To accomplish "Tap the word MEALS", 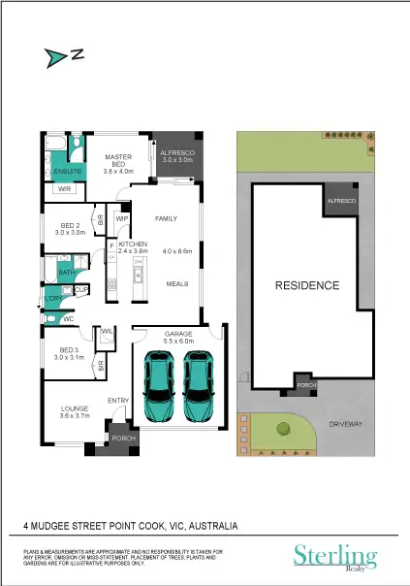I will pyautogui.click(x=176, y=284).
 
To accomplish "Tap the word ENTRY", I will pyautogui.click(x=118, y=401).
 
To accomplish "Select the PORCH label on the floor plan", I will pyautogui.click(x=124, y=438).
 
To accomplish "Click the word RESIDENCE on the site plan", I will pyautogui.click(x=306, y=286).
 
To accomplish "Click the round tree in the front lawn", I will pyautogui.click(x=283, y=427).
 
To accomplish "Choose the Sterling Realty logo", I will pyautogui.click(x=335, y=556).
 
